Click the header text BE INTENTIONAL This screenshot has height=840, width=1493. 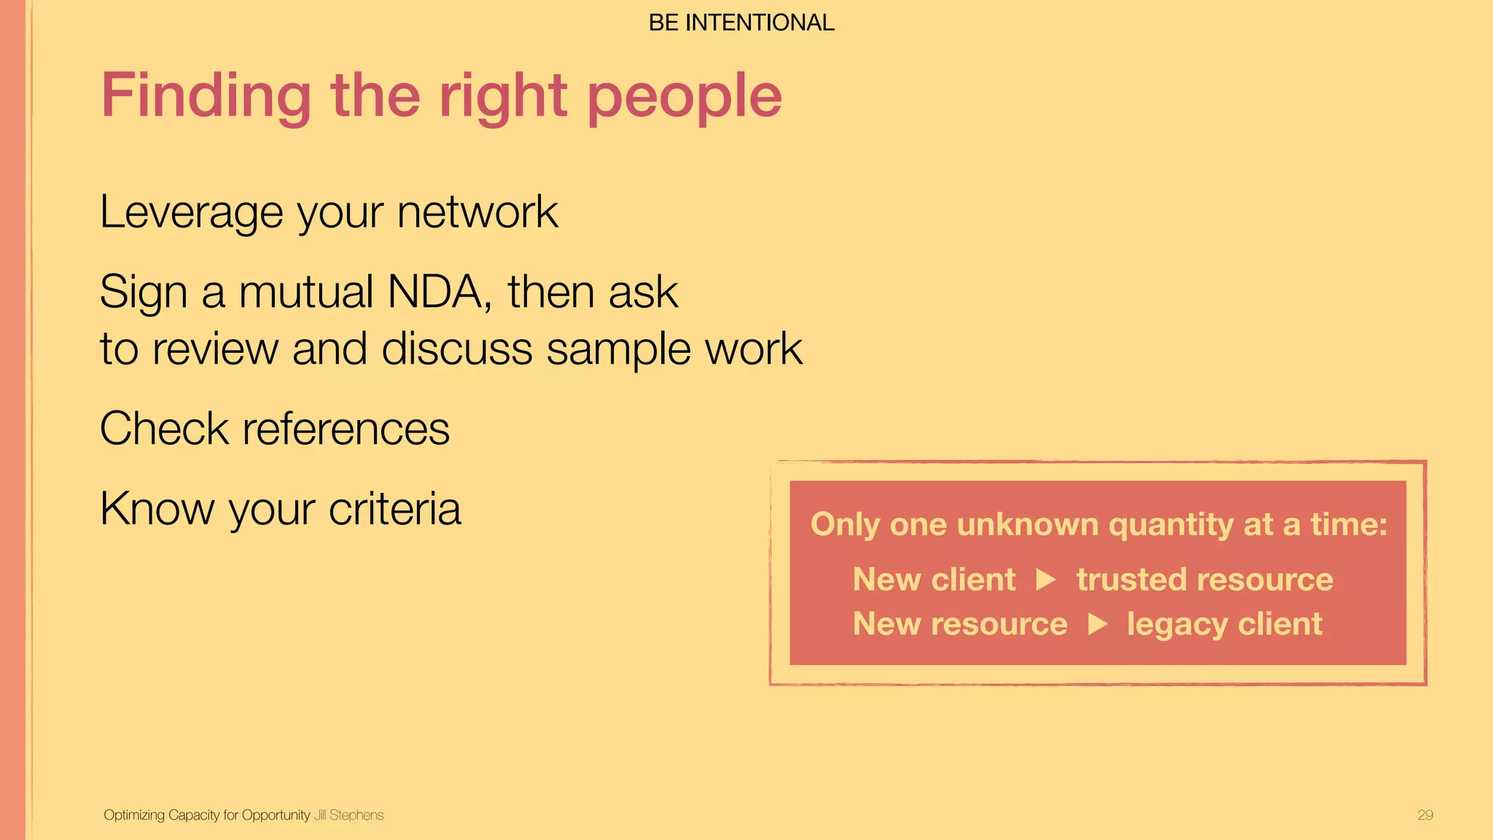741,23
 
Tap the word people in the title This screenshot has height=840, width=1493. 684,96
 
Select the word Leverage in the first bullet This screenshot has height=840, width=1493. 191,213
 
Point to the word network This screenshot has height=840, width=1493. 477,213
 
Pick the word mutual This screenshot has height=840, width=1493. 306,292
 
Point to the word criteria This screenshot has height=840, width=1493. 394,508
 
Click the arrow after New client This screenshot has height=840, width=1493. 1046,580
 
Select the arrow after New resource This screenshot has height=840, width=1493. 1098,624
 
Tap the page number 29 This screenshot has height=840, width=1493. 1425,815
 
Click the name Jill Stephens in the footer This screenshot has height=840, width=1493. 348,815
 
